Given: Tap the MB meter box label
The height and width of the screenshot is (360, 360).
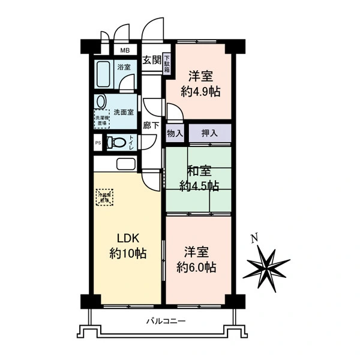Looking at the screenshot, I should click(125, 50).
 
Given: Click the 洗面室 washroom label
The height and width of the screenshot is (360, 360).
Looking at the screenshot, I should click(124, 112).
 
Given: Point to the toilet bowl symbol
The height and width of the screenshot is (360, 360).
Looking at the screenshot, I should click(117, 142).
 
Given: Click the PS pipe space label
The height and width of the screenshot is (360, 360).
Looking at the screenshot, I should click(98, 142).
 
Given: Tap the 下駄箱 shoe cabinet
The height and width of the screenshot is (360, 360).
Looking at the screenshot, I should click(167, 64).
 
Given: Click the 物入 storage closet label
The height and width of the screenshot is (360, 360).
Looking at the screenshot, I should click(175, 133).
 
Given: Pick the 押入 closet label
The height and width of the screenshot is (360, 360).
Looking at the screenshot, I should click(209, 133).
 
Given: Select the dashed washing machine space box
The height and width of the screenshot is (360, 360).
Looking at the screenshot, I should click(101, 118).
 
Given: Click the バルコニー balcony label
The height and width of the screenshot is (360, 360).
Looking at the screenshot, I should click(166, 321).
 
